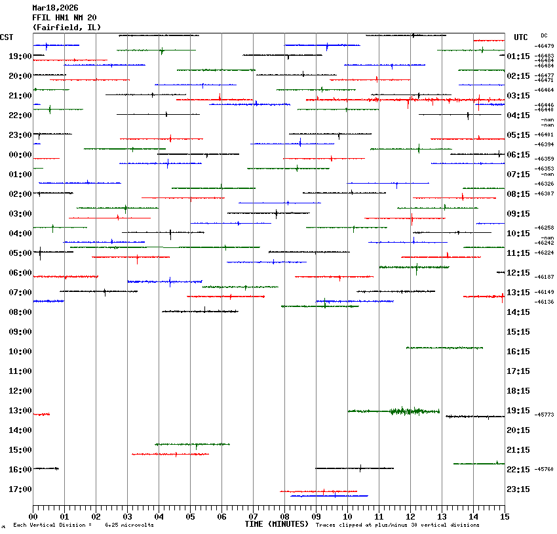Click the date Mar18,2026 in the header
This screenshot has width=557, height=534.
coord(54,8)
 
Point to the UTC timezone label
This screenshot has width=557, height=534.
coord(521,37)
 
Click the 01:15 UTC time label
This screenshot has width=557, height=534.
coord(518,56)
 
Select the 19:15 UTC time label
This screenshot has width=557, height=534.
coord(518,411)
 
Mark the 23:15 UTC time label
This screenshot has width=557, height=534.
coord(518,489)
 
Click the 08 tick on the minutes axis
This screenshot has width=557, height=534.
coord(284,518)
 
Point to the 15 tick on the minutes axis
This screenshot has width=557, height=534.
coord(505,518)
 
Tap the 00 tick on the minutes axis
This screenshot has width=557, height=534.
coord(33,518)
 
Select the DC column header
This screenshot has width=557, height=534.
coord(544,35)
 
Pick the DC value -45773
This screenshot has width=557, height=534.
coord(545,415)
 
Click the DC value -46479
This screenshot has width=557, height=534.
coord(545,46)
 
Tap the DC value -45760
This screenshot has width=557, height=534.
coord(545,469)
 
